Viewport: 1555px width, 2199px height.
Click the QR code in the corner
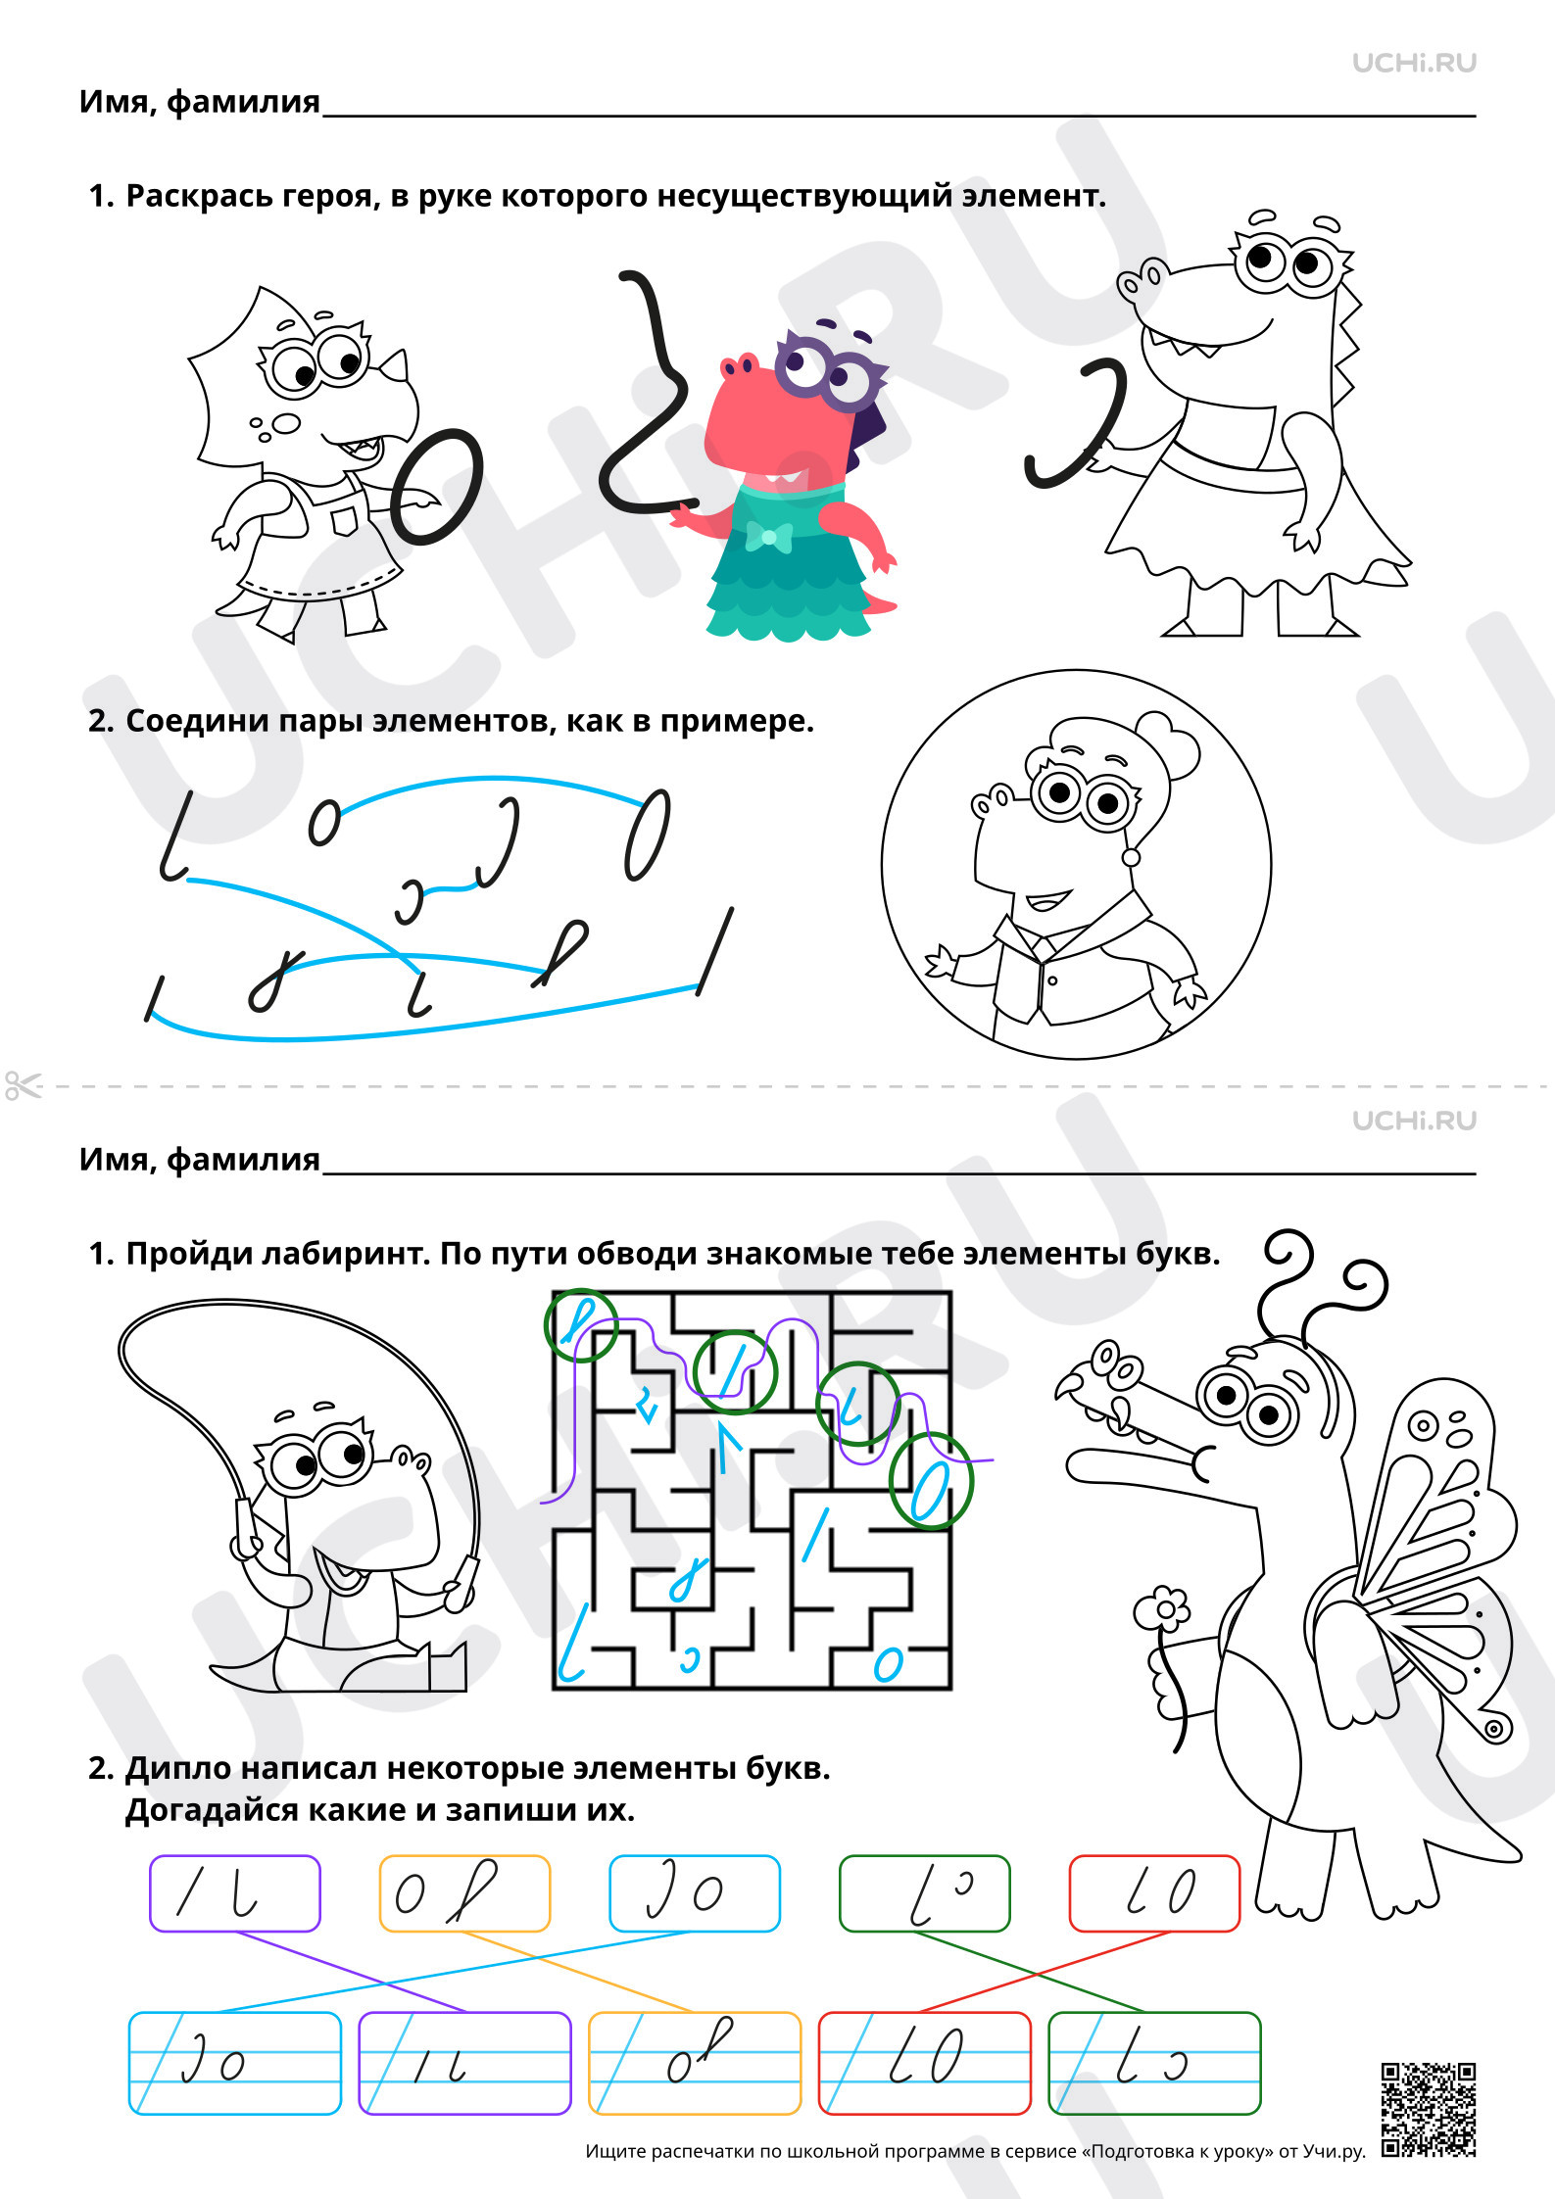[x=1428, y=2109]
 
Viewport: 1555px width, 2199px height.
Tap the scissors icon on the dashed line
[x=24, y=1085]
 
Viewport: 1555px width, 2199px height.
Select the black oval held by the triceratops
[x=437, y=486]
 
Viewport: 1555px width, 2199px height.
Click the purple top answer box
[x=235, y=1893]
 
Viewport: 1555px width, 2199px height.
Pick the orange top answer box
[x=465, y=1893]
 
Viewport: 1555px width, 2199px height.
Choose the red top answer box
[x=1154, y=1893]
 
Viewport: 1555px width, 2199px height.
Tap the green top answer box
[x=925, y=1893]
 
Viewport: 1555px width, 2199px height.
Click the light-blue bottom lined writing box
[x=235, y=2063]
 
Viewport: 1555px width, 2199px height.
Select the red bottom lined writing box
[x=925, y=2063]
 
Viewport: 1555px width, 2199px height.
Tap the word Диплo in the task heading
[x=178, y=1768]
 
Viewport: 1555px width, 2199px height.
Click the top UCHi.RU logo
[x=1414, y=63]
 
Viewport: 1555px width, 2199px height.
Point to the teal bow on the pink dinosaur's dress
[x=768, y=537]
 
